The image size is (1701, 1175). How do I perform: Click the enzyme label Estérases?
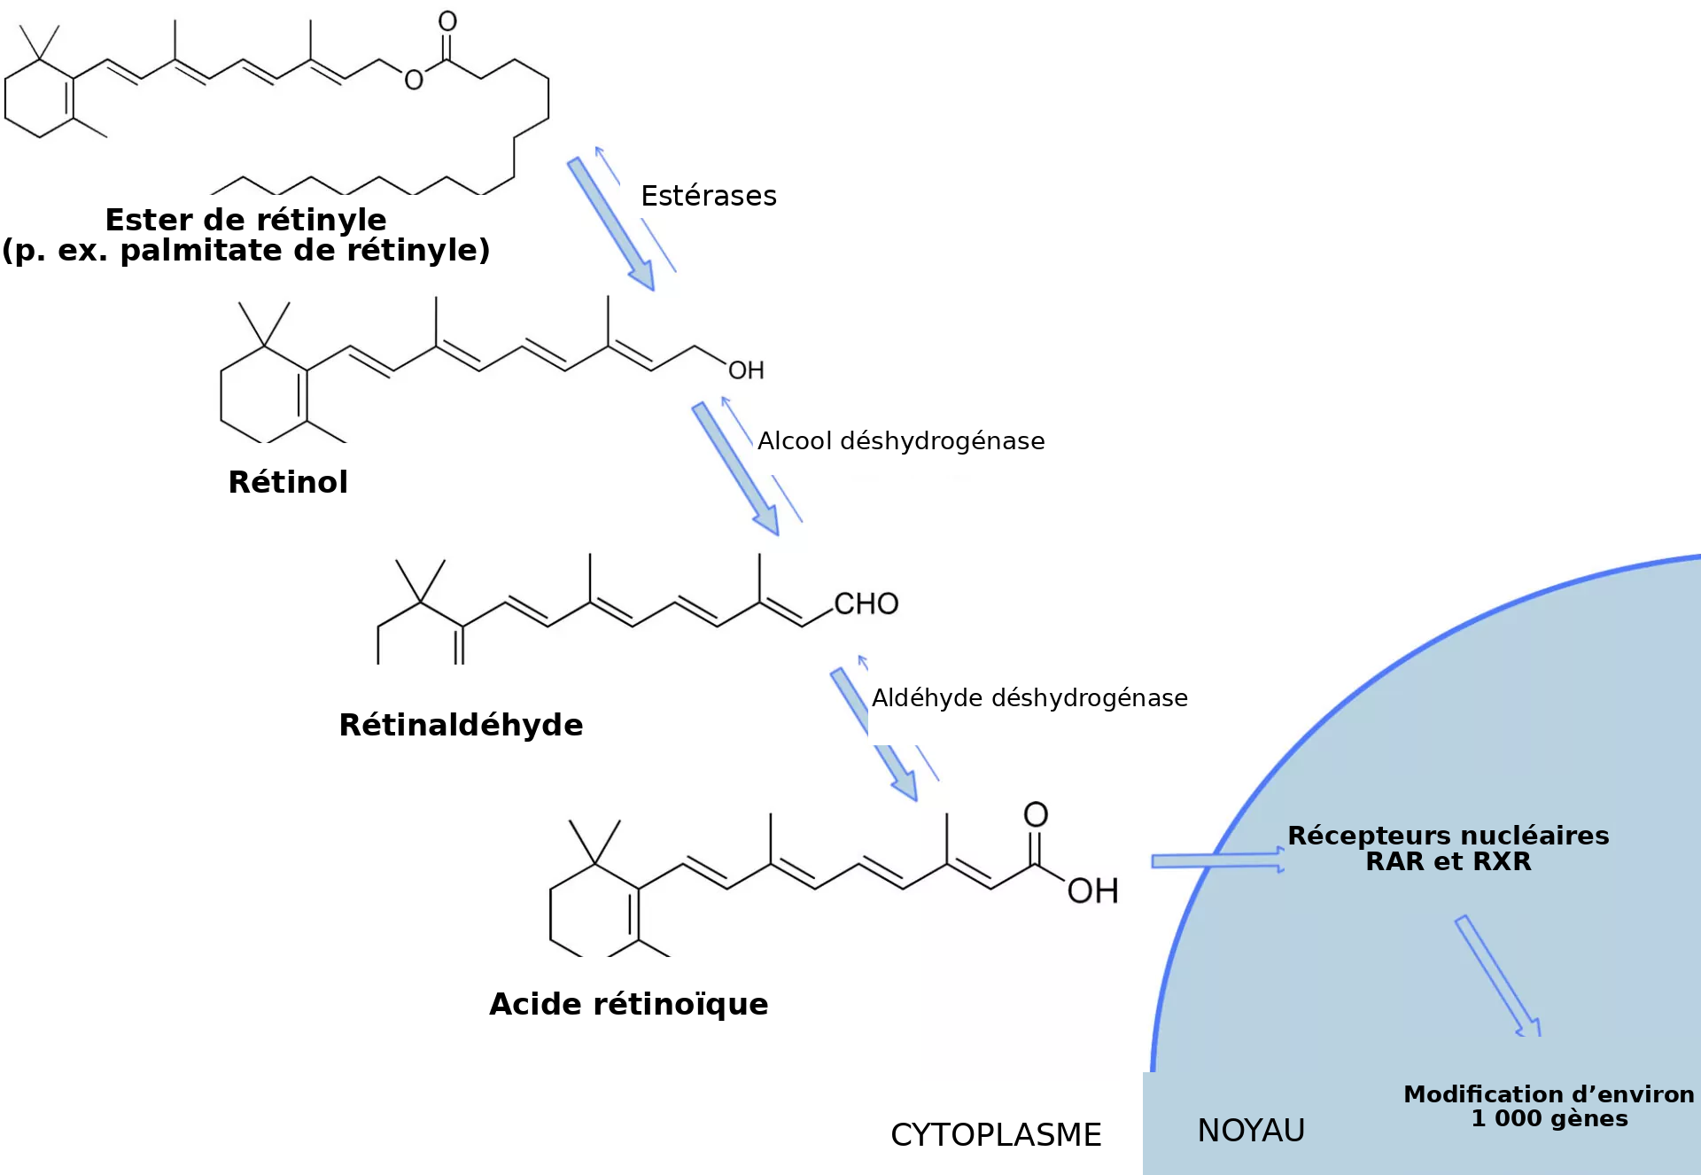709,195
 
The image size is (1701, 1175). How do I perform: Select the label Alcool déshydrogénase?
901,440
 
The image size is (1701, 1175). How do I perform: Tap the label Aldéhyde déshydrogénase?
1029,697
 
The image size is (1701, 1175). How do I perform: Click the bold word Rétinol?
288,482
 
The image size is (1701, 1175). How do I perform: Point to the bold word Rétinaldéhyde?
461,725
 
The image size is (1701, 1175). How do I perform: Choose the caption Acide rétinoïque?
629,1004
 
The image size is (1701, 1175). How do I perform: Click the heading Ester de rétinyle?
245,219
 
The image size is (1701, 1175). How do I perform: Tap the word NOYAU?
1251,1131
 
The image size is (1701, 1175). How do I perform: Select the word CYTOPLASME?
996,1135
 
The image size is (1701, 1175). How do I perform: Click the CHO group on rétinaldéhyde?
866,603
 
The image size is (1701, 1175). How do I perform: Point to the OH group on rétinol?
746,370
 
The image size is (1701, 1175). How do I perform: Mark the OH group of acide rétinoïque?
1092,891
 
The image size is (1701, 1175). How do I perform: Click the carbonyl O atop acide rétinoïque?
1036,814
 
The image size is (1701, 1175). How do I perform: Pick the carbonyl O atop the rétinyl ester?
447,21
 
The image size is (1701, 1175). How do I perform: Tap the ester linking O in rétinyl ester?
414,80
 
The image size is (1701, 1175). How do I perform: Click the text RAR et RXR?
1449,861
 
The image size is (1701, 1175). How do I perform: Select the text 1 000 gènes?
1550,1118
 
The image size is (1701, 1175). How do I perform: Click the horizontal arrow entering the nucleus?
1218,860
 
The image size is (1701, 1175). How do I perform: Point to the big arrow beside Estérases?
611,224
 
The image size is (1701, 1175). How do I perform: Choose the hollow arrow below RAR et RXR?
1498,976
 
